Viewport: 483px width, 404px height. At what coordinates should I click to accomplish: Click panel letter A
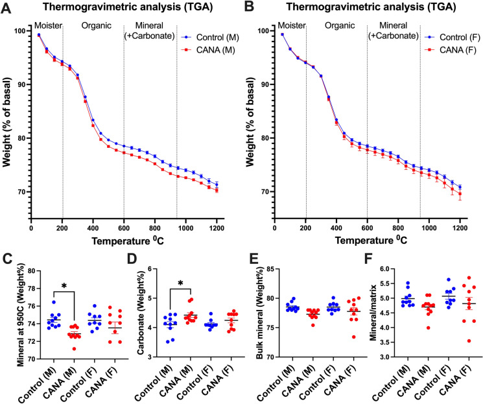[x=7, y=7]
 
